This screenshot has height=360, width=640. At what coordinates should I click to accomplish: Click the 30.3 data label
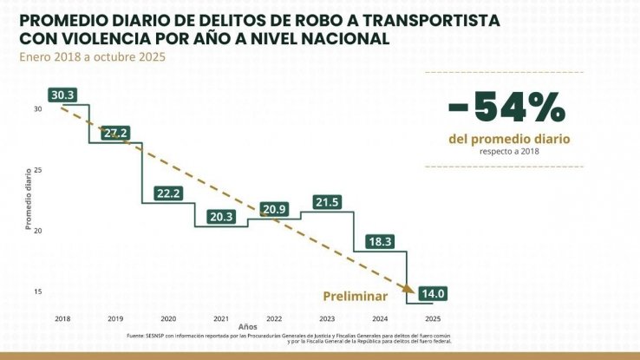point(63,95)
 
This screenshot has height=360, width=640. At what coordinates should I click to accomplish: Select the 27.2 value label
point(114,133)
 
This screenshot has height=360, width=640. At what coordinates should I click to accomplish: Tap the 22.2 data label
point(167,193)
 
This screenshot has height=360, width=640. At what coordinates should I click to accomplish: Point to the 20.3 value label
point(221,217)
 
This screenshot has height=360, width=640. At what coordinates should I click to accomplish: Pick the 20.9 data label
point(275,209)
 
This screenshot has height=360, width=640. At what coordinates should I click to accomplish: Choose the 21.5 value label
point(327,202)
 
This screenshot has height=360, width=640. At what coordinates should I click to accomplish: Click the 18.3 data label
point(380,241)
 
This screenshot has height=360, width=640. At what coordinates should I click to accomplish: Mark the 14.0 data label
point(433,294)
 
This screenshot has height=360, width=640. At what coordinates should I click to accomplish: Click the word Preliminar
point(355,295)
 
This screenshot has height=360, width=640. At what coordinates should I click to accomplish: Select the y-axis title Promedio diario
point(28,199)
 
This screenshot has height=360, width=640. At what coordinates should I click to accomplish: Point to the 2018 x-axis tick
point(62,319)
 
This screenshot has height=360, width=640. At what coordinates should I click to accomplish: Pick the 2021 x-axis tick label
point(221,319)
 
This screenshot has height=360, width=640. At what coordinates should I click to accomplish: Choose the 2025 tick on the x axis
point(433,319)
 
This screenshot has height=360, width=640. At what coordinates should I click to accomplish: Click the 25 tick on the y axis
point(38,170)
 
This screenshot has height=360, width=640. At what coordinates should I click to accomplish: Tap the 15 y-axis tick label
point(38,291)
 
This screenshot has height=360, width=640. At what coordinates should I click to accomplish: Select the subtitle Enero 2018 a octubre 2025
point(87,57)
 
